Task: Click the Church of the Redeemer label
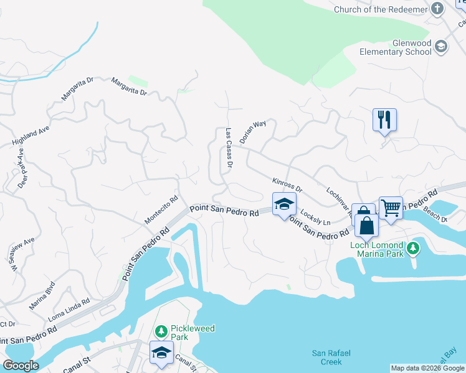(379, 9)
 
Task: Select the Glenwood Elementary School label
(395, 48)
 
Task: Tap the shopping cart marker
(391, 208)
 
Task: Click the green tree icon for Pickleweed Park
(161, 329)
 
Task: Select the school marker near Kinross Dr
(284, 204)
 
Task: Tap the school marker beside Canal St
(161, 352)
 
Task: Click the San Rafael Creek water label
(326, 357)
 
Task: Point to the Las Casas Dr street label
(229, 149)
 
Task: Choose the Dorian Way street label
(253, 132)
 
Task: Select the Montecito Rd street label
(162, 210)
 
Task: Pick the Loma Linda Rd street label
(69, 308)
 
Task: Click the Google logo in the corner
(21, 365)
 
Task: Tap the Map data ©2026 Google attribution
(427, 368)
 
